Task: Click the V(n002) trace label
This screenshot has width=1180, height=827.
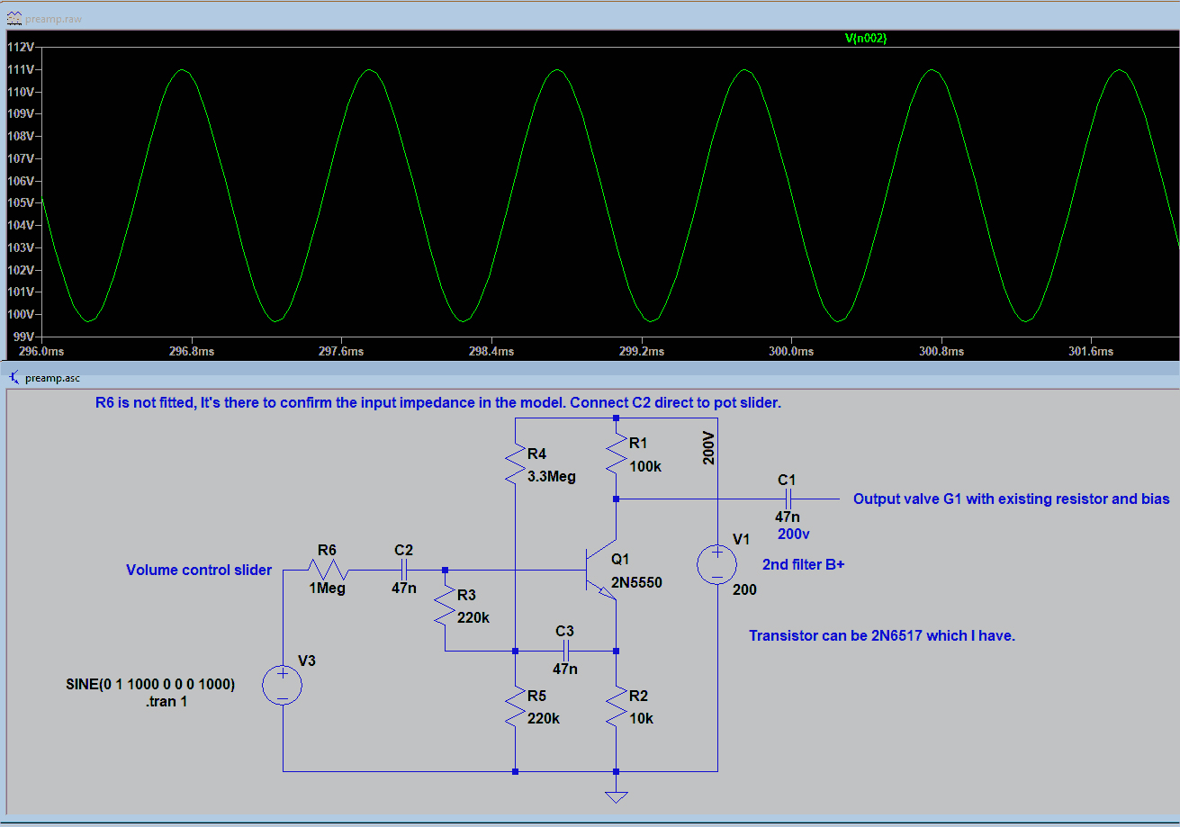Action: click(x=866, y=38)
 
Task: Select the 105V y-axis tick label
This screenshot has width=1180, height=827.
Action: click(x=21, y=202)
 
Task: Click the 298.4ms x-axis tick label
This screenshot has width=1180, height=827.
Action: click(x=491, y=351)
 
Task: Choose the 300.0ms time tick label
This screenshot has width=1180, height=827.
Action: click(x=791, y=351)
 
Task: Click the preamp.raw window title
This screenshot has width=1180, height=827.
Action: click(x=53, y=19)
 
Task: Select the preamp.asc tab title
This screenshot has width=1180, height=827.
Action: click(x=53, y=378)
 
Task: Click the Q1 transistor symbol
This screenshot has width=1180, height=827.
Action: click(x=601, y=570)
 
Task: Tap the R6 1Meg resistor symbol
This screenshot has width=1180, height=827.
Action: click(x=329, y=570)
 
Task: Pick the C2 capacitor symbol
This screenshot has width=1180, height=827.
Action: click(x=404, y=570)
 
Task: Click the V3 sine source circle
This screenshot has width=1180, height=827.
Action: click(x=283, y=685)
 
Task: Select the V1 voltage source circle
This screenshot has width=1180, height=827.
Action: click(x=717, y=564)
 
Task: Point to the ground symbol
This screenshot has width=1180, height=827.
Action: click(x=617, y=797)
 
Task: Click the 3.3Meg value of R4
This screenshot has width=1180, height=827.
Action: click(x=552, y=477)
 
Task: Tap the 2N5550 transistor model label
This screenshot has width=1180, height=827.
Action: click(x=636, y=582)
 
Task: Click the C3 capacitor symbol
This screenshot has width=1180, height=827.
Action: click(x=566, y=652)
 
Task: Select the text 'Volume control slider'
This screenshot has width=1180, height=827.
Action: click(x=199, y=570)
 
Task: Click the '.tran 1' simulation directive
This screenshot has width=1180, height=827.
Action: click(x=166, y=702)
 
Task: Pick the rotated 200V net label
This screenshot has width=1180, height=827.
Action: click(x=708, y=448)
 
